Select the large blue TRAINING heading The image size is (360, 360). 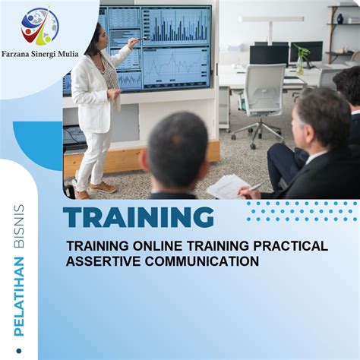pyautogui.click(x=138, y=217)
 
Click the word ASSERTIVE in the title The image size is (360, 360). pyautogui.click(x=102, y=262)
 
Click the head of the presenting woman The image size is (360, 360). pyautogui.click(x=98, y=38)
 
